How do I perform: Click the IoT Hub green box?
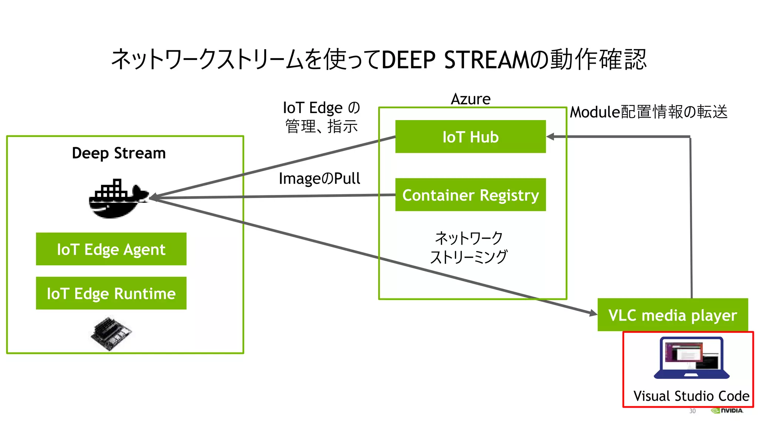click(x=470, y=136)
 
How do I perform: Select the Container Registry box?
click(x=470, y=195)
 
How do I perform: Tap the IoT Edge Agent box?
click(x=111, y=249)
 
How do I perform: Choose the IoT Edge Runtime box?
click(x=111, y=293)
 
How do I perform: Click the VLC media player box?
click(x=673, y=315)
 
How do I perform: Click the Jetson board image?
click(x=111, y=332)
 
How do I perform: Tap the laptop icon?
click(x=691, y=358)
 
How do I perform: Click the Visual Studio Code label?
click(x=691, y=396)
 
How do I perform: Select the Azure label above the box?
click(x=470, y=99)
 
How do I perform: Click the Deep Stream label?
click(x=118, y=153)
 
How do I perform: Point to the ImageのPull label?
click(x=319, y=178)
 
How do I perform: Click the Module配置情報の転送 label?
click(x=648, y=112)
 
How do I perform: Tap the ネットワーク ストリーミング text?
click(x=469, y=247)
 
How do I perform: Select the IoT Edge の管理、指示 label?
click(x=321, y=117)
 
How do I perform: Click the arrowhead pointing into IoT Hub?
click(x=550, y=137)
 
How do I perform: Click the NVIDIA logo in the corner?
click(x=727, y=410)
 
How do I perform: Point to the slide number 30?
click(x=692, y=411)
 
